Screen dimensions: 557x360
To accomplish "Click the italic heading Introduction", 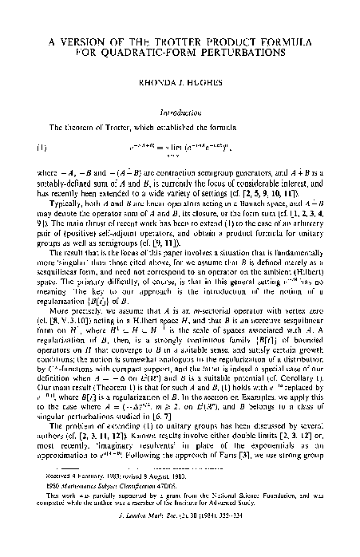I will point(180,114).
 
